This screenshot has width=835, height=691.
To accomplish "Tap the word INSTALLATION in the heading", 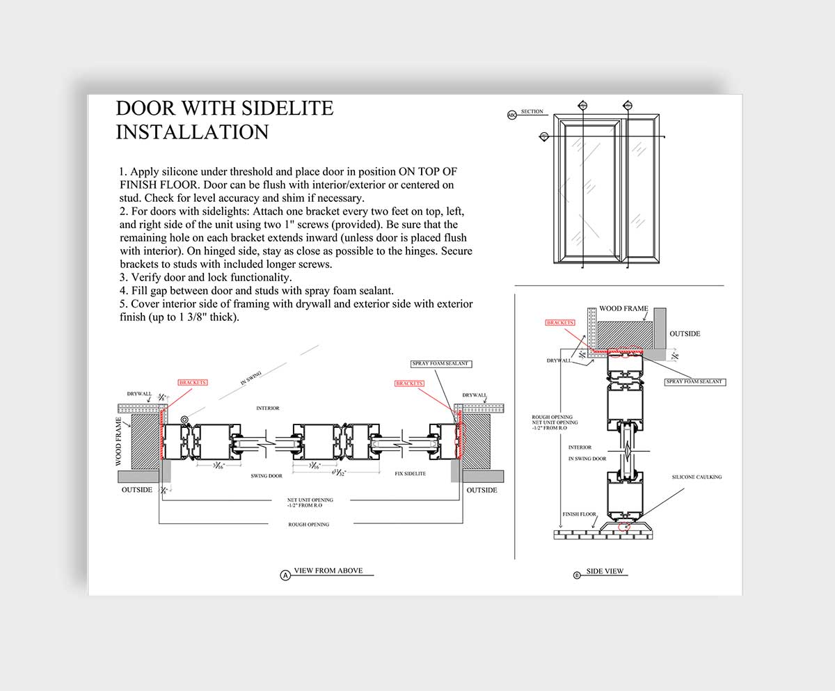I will click(x=192, y=132).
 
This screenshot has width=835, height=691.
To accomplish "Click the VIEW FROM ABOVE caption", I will click(x=328, y=571).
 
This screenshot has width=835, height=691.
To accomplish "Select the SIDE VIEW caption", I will click(x=605, y=571).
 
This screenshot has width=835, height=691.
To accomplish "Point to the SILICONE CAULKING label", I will click(x=697, y=477).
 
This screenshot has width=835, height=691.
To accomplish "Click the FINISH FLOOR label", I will click(x=579, y=514).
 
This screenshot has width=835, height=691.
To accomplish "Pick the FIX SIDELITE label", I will click(x=410, y=474).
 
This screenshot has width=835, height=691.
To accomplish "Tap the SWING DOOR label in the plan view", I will click(x=265, y=476).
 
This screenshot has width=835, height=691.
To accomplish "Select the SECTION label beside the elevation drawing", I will click(x=532, y=111).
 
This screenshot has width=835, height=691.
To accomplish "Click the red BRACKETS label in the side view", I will click(x=560, y=323).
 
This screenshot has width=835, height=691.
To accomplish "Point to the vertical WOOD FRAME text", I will click(x=119, y=441).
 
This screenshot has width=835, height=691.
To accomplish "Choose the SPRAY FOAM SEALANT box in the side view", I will click(x=695, y=382).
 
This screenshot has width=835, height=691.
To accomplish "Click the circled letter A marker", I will click(x=285, y=575).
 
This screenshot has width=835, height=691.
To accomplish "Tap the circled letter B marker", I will click(x=577, y=575).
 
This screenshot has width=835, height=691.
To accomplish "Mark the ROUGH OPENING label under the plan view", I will click(x=309, y=524).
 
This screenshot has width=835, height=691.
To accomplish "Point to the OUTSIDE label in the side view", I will click(x=685, y=334).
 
